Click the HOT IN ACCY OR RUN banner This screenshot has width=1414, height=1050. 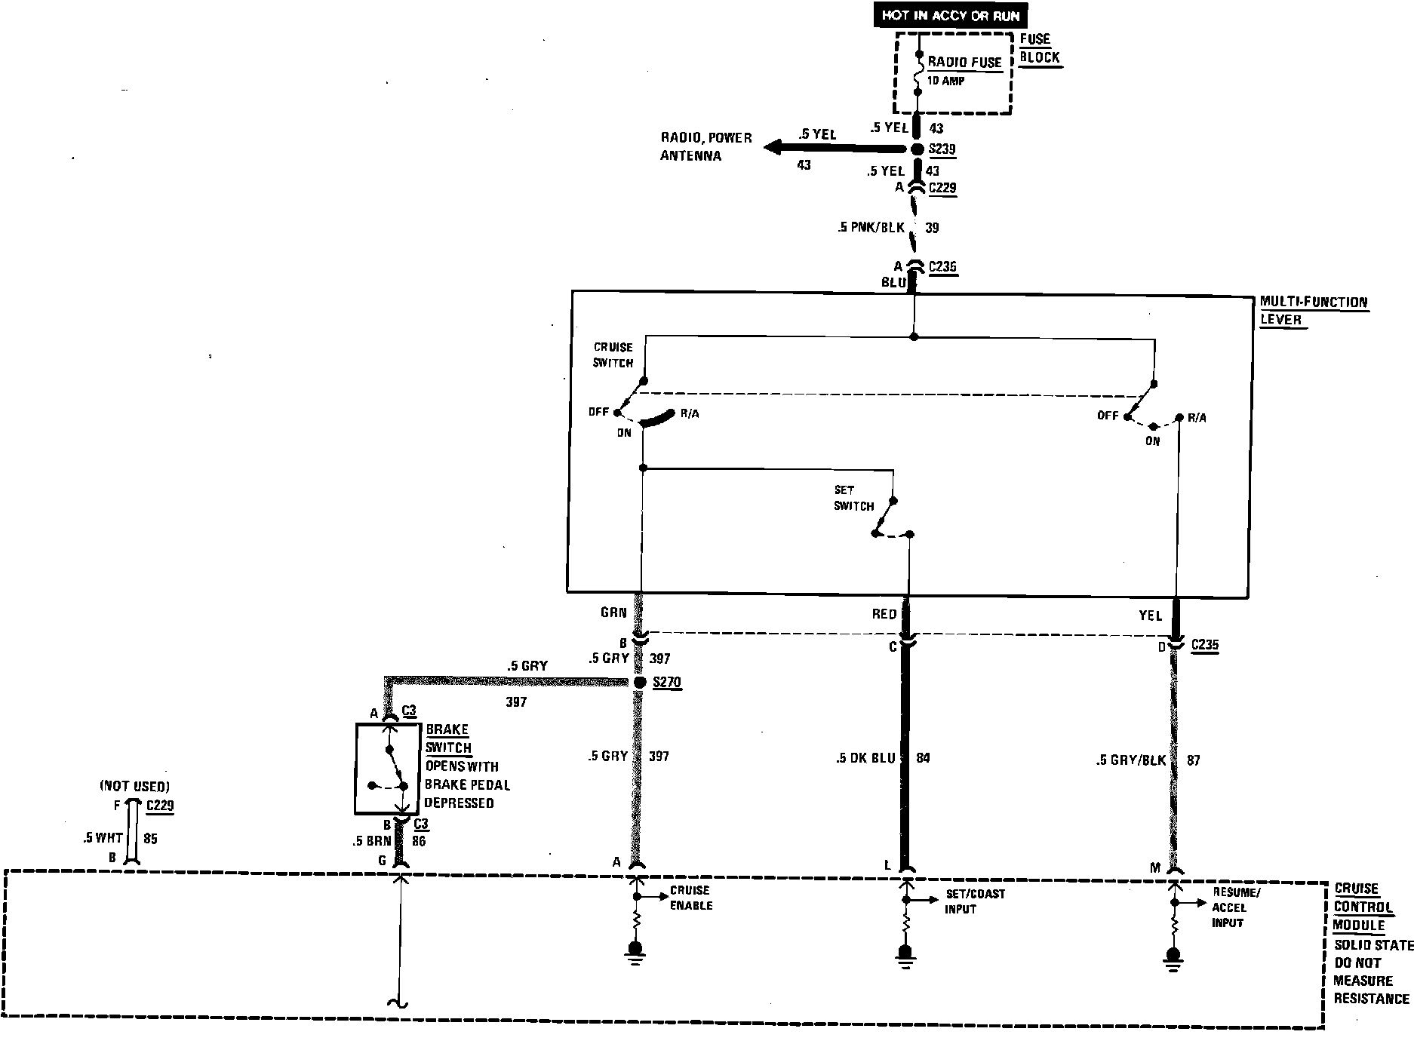[x=951, y=15]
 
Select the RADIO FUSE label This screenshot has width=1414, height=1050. [x=964, y=63]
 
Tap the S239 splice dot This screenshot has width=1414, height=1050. [x=918, y=149]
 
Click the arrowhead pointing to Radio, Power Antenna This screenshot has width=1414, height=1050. [x=773, y=147]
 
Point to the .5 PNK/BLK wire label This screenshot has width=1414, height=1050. [x=871, y=227]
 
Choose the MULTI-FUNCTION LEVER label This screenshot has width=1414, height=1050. [x=1313, y=311]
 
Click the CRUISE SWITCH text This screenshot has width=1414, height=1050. [x=613, y=355]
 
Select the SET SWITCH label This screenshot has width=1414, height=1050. [x=853, y=498]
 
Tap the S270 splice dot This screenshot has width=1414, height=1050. [x=640, y=683]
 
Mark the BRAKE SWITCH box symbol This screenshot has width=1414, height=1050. [x=387, y=769]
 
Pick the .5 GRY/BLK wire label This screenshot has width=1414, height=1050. [x=1130, y=761]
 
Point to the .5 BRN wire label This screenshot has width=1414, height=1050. [x=371, y=840]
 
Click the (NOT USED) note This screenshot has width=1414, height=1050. [x=134, y=787]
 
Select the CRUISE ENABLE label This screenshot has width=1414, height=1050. [x=690, y=898]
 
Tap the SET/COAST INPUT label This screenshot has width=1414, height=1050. [x=974, y=901]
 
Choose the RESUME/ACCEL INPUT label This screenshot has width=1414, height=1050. [x=1235, y=907]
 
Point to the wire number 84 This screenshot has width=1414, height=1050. [x=923, y=758]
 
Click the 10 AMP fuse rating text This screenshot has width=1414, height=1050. [x=945, y=81]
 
